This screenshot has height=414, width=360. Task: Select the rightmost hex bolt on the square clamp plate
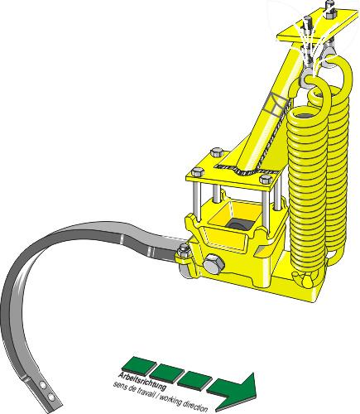coord(266,178)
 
